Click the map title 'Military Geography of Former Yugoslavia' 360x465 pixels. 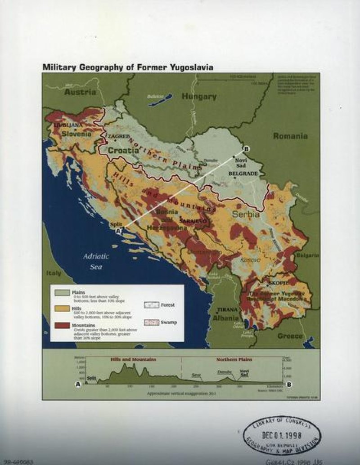pos(127,67)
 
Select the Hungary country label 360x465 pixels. pos(199,96)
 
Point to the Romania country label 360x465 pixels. pos(290,136)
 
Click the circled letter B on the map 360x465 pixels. pos(246,149)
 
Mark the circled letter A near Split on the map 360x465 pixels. pos(119,230)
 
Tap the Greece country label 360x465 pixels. pos(290,336)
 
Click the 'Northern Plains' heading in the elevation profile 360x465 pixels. pos(234,359)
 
